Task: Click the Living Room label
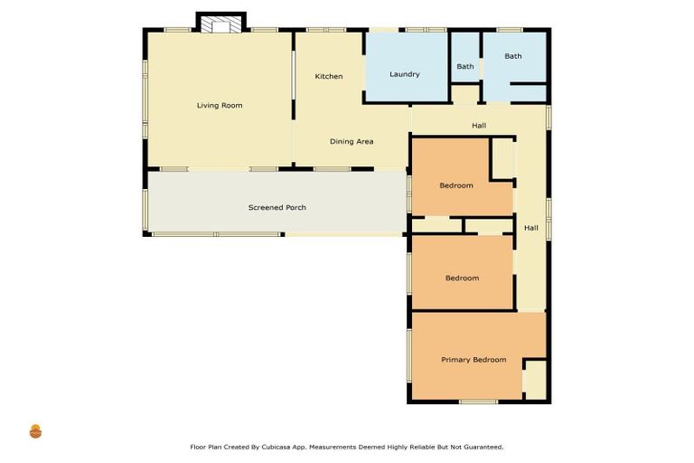(x=220, y=106)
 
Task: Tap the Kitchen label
(x=329, y=77)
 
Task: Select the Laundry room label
(x=405, y=74)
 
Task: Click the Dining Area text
(x=352, y=142)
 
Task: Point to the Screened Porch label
(x=277, y=208)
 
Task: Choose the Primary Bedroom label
(x=474, y=360)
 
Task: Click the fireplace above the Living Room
(x=220, y=24)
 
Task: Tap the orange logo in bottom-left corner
(x=36, y=431)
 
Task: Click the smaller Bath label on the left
(x=465, y=67)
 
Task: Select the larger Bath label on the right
(x=513, y=56)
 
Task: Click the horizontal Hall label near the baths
(x=479, y=126)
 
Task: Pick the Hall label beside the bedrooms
(x=531, y=228)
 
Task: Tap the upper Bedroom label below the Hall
(x=456, y=186)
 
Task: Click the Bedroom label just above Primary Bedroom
(x=462, y=279)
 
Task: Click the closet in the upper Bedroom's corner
(x=502, y=159)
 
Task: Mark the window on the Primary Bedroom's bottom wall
(x=478, y=402)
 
